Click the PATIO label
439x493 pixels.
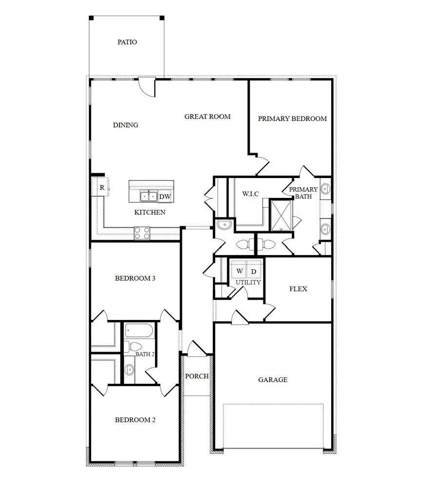click(127, 42)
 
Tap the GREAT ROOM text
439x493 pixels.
click(207, 117)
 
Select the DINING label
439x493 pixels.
click(125, 125)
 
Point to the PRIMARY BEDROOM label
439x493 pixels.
click(292, 118)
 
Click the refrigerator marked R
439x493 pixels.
click(102, 188)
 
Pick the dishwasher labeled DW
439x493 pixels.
click(165, 197)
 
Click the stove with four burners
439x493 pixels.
click(142, 233)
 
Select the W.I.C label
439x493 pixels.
click(250, 194)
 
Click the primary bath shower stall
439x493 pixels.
click(281, 215)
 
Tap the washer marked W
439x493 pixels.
click(239, 271)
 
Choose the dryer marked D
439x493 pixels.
click(254, 271)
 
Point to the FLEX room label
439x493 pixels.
click(298, 289)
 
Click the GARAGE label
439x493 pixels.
click(273, 379)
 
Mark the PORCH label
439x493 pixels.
click(197, 376)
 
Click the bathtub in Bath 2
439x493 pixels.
click(139, 331)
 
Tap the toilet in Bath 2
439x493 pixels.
click(128, 347)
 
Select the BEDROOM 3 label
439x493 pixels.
click(135, 278)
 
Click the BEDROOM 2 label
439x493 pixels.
click(135, 420)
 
